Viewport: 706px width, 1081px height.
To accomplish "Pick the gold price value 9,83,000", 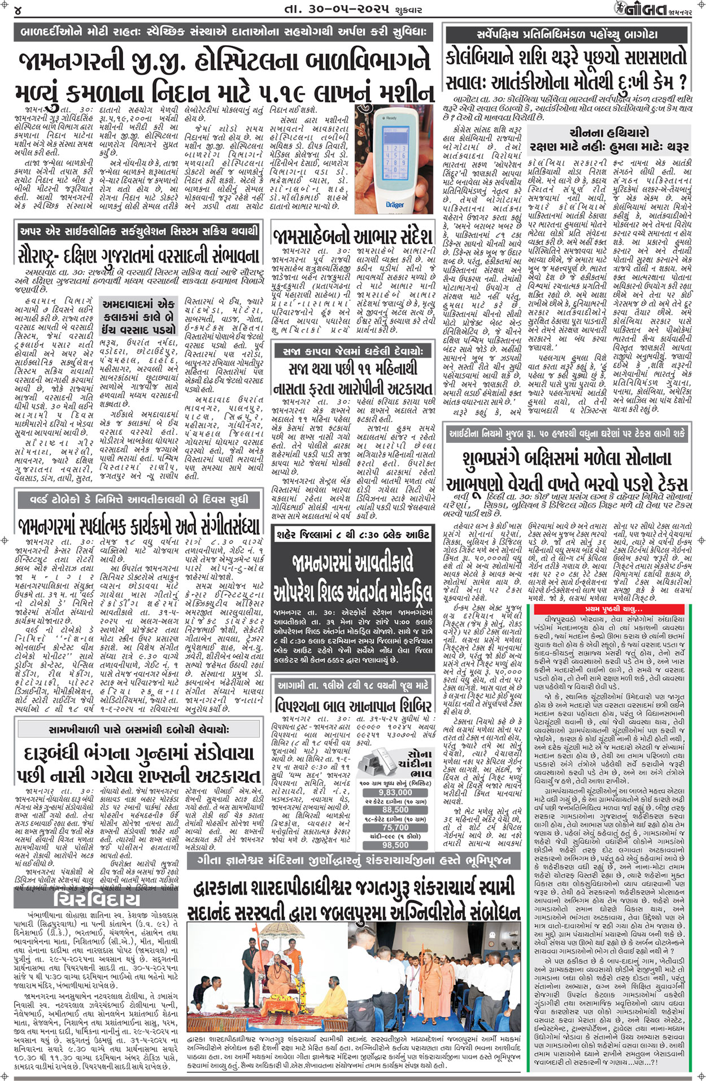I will coord(395,792).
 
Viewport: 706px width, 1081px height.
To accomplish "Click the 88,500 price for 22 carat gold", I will coord(395,809).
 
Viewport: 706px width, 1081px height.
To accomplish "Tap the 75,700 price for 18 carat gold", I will coord(395,827).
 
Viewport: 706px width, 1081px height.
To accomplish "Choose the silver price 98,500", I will coord(395,845).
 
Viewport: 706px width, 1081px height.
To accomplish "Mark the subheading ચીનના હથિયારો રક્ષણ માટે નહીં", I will coord(609,140).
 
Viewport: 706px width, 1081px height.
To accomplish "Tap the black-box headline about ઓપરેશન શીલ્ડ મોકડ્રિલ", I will coord(352,576).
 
